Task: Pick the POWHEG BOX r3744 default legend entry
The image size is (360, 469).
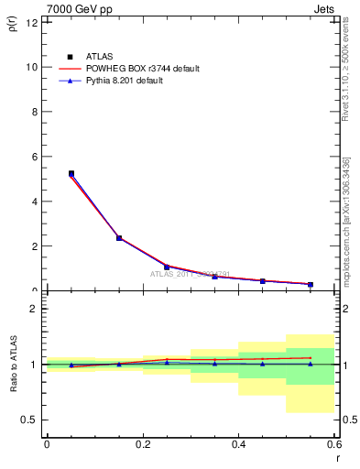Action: tap(143, 69)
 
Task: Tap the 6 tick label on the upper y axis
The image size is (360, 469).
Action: tap(33, 157)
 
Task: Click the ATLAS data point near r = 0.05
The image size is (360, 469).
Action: tap(71, 173)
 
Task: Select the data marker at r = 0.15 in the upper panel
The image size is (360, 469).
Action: tap(119, 238)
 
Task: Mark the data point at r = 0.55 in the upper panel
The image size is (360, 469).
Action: tap(311, 284)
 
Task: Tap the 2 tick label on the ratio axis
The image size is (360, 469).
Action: tap(33, 309)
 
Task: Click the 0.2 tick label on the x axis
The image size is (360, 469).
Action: tap(142, 444)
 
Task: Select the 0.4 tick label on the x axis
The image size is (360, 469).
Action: tap(238, 444)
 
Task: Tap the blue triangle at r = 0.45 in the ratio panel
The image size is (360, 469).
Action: tap(263, 364)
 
